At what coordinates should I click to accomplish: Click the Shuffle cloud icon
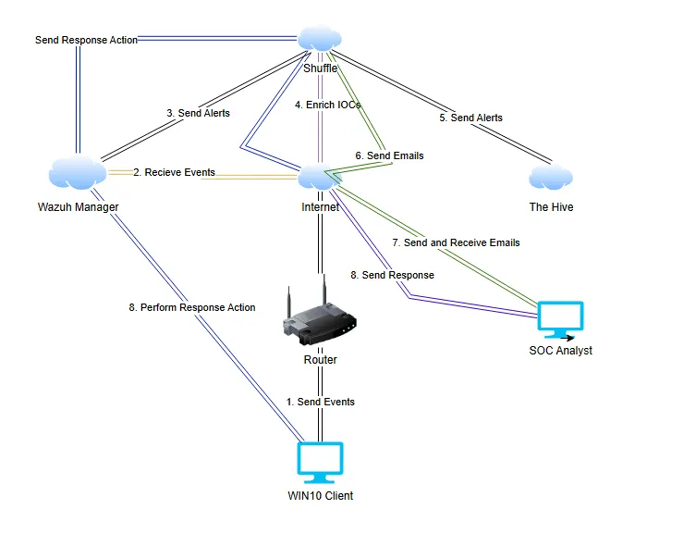click(320, 39)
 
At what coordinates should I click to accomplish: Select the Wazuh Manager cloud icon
click(77, 172)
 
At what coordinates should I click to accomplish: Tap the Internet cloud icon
click(320, 178)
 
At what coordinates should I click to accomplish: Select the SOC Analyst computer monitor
click(561, 320)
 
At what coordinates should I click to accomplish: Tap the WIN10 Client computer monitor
click(320, 463)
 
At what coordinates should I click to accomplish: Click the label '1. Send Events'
click(320, 402)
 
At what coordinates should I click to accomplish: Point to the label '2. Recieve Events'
click(174, 172)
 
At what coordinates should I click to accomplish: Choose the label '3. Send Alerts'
click(198, 113)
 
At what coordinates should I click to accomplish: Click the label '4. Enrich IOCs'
click(327, 105)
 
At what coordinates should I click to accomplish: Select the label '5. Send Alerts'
click(470, 118)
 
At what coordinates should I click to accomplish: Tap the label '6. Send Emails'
click(389, 155)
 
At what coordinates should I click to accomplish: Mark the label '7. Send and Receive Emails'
click(456, 242)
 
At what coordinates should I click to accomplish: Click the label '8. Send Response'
click(392, 275)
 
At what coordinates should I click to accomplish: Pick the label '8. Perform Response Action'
click(192, 306)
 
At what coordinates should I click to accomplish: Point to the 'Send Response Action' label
click(86, 41)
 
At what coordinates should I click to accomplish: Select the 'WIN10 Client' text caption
click(320, 496)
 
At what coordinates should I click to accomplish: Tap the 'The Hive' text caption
click(551, 207)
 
